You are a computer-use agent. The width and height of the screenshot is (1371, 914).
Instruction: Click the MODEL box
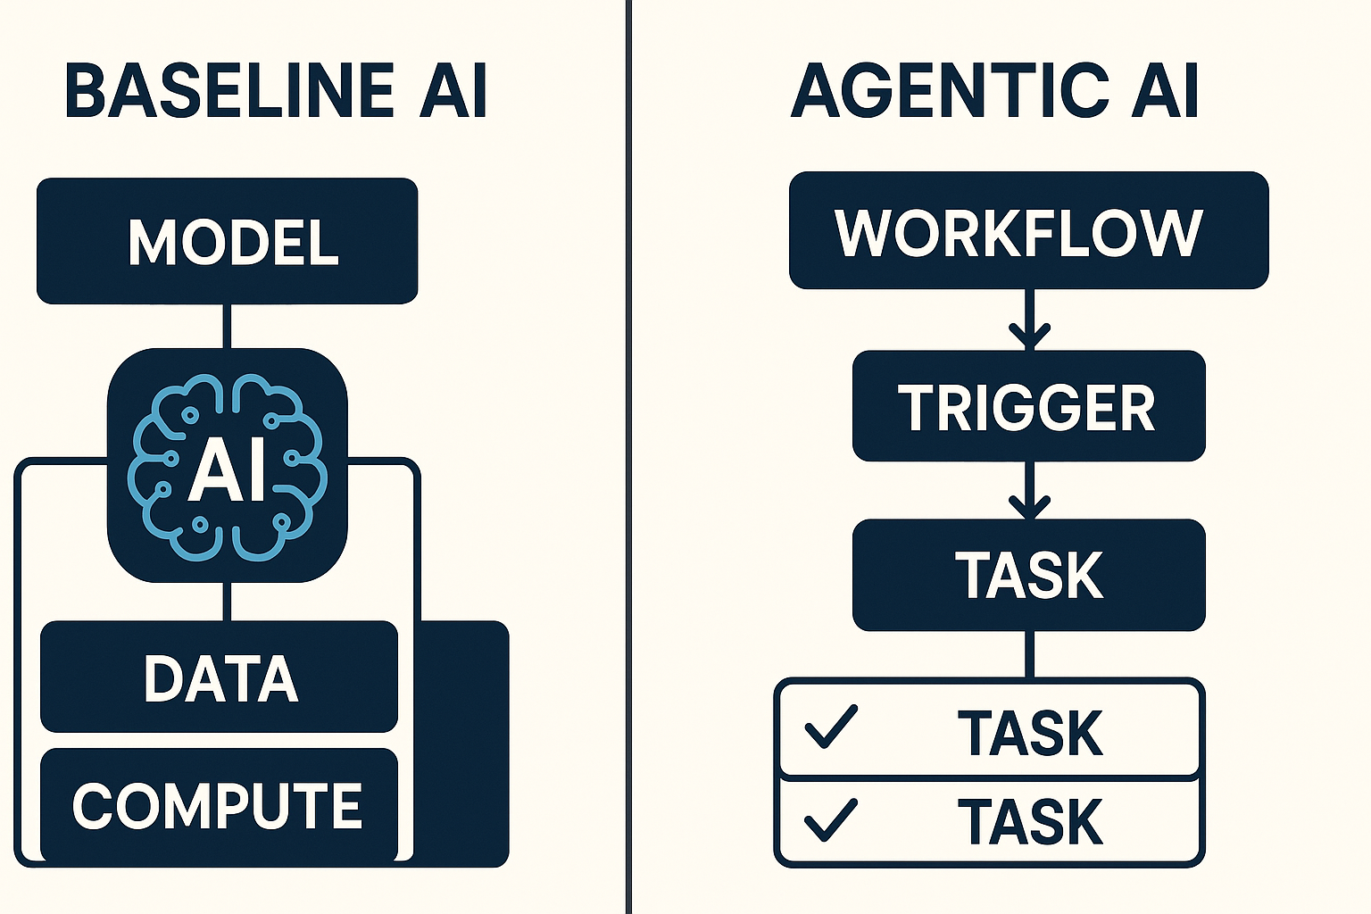(227, 241)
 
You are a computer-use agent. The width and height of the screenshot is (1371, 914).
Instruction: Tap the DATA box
(220, 677)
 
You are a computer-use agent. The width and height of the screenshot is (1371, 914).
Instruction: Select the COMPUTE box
(218, 805)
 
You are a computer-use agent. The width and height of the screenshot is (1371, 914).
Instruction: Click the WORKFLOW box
(1028, 231)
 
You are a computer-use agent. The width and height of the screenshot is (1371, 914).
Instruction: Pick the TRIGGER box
(1028, 407)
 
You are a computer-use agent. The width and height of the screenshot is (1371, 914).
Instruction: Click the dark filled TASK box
(1028, 575)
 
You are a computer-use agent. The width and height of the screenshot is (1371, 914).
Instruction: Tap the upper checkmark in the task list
(830, 727)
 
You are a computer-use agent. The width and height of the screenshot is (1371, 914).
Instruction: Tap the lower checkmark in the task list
(830, 819)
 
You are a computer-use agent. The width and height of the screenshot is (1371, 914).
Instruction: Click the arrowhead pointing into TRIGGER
(1029, 337)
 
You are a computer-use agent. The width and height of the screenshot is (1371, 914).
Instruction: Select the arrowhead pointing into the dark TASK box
(1029, 506)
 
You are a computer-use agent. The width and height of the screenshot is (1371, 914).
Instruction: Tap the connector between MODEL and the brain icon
(227, 326)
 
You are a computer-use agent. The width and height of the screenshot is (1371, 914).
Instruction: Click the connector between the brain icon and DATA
(227, 602)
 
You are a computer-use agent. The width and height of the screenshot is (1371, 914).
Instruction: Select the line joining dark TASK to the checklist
(1029, 654)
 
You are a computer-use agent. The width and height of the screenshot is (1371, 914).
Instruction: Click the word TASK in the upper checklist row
(1030, 733)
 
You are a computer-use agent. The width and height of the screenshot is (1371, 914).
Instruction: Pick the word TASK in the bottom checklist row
(1030, 821)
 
